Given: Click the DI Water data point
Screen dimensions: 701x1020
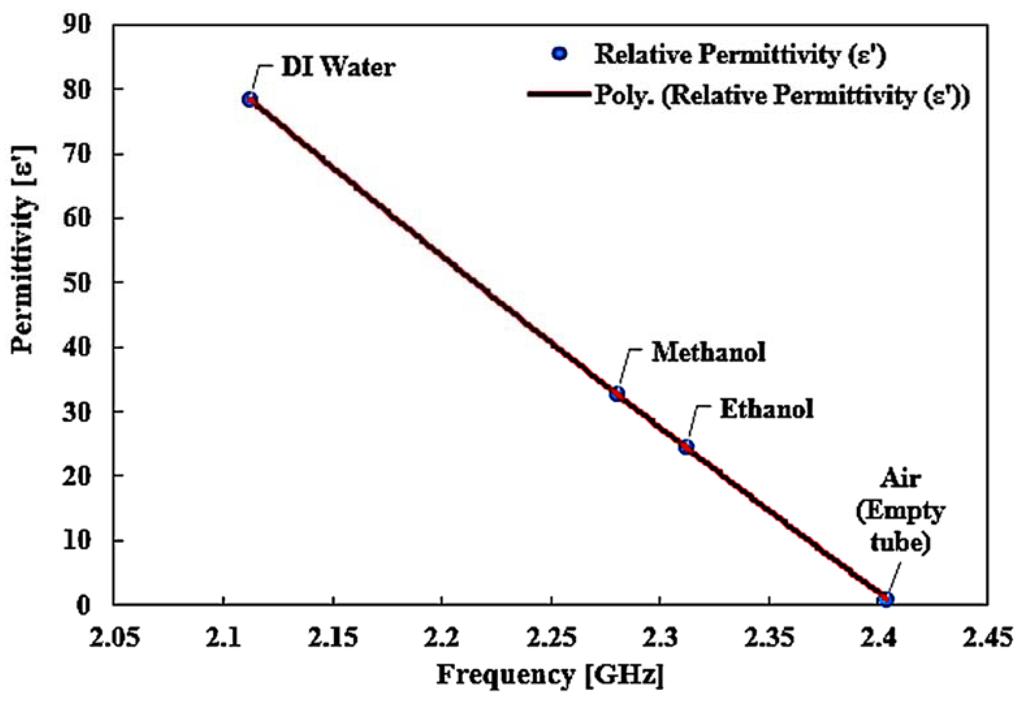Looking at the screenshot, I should tap(250, 99).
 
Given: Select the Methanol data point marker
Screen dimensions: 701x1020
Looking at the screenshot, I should tap(617, 394).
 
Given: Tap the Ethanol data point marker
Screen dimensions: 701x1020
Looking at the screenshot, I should tap(686, 447).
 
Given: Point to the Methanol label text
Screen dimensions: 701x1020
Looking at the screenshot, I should tap(708, 352).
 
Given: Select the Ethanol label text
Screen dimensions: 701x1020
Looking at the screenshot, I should tap(767, 409).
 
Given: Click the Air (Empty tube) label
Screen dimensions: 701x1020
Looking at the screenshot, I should tap(900, 511).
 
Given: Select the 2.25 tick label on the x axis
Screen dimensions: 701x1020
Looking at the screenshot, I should tap(551, 638).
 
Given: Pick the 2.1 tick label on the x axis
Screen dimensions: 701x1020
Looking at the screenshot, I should tap(223, 638).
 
